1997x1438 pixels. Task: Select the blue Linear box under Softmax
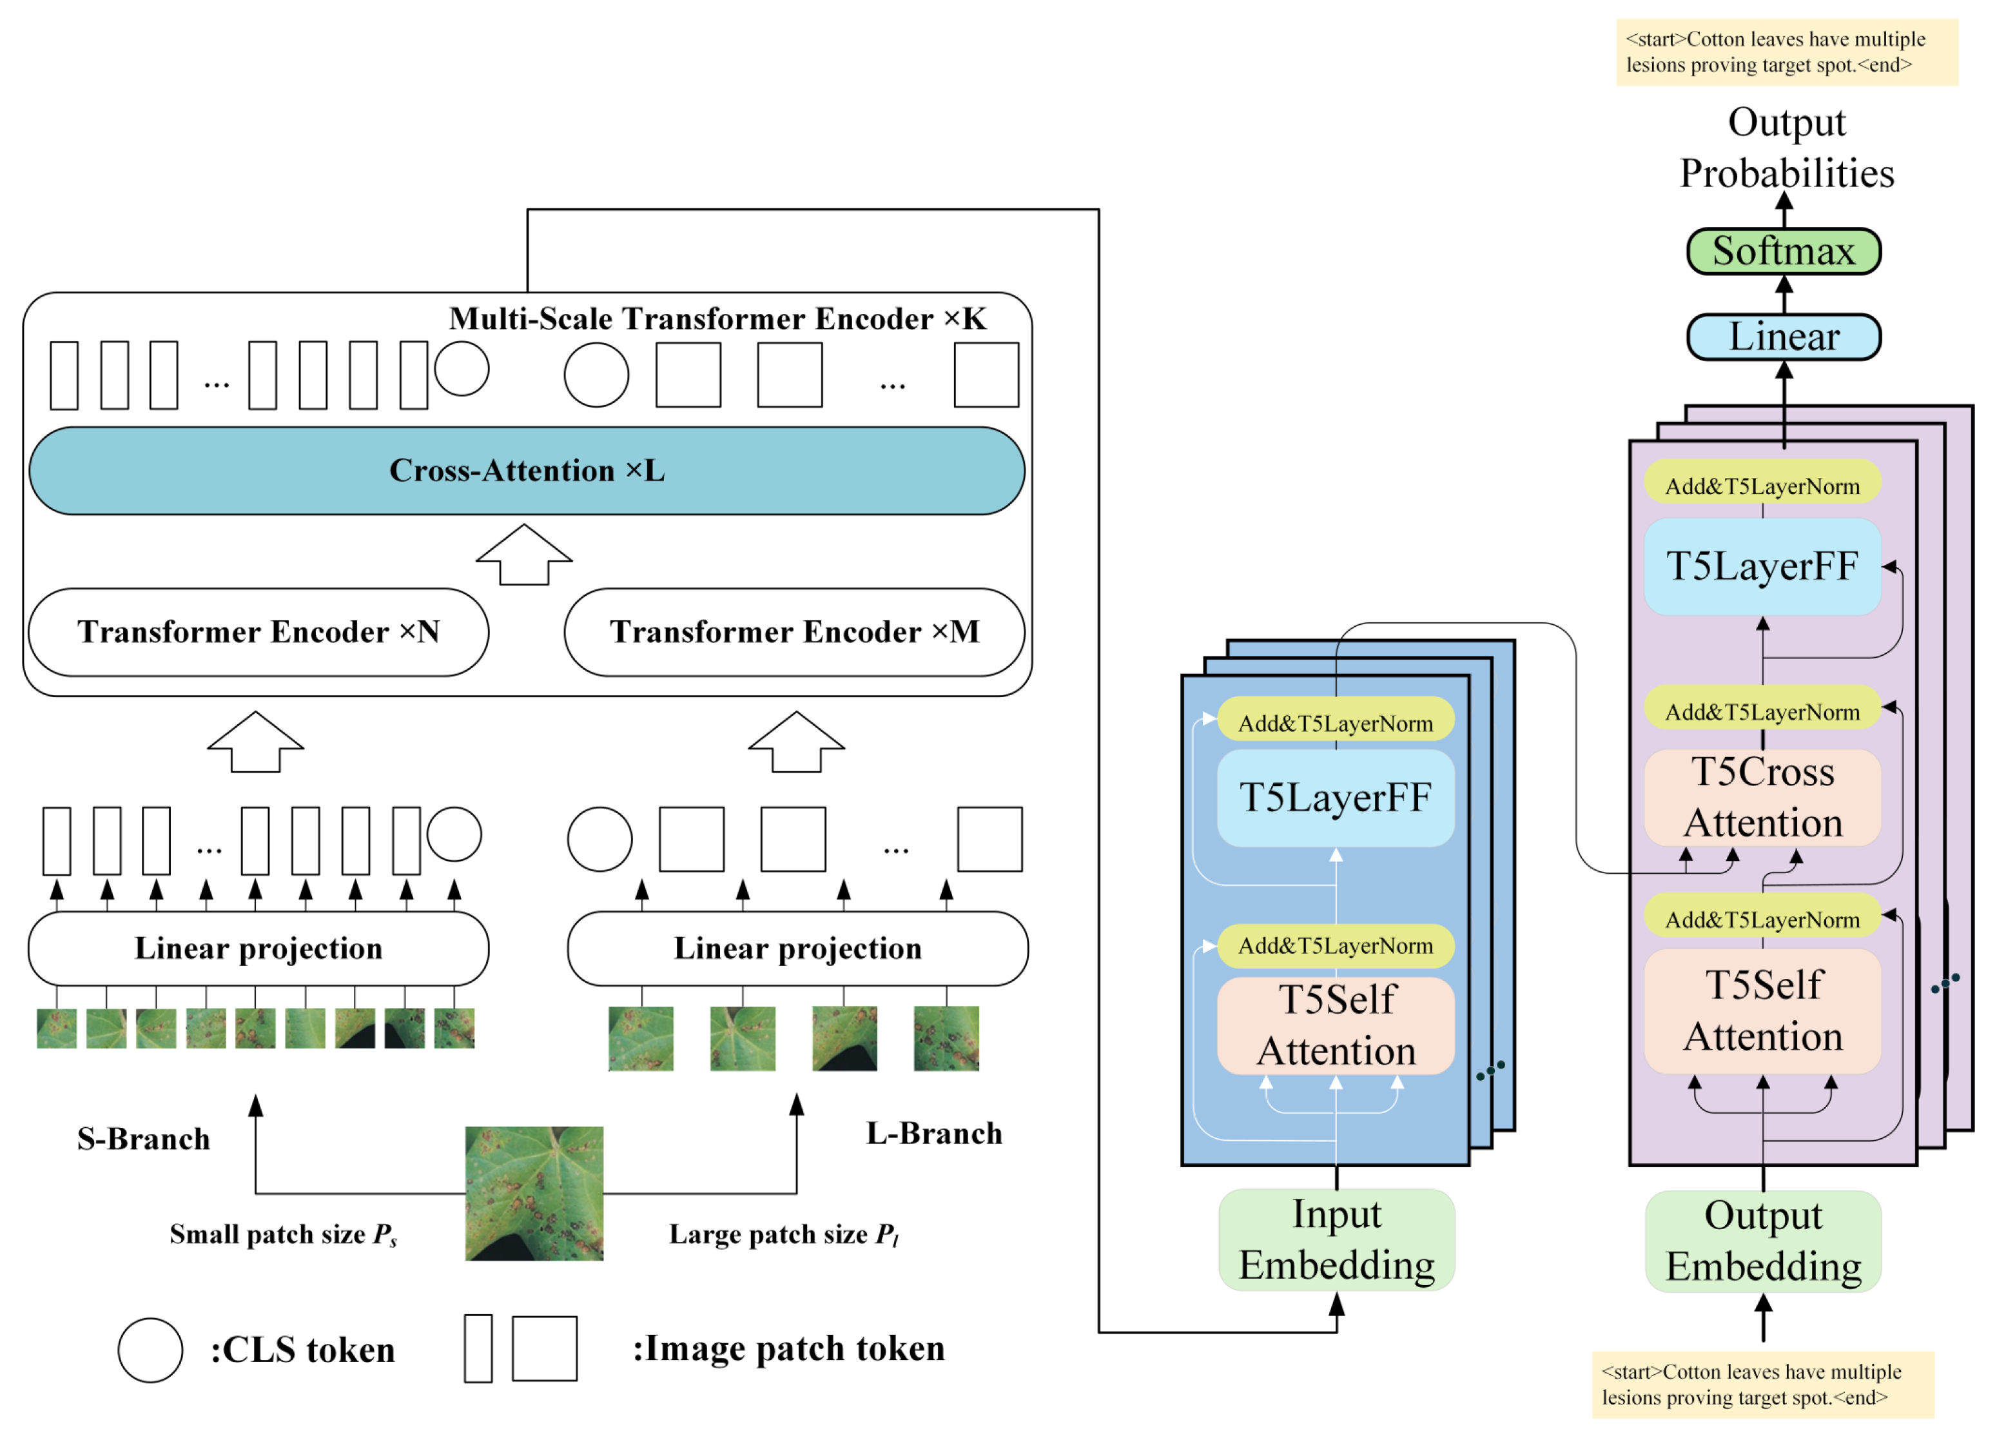(1783, 337)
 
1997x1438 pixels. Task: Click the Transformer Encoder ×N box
(258, 632)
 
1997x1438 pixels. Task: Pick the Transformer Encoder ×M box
(794, 632)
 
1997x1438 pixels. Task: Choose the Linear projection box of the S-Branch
(258, 949)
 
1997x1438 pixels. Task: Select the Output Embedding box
(1763, 1241)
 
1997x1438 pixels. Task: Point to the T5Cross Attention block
(1763, 798)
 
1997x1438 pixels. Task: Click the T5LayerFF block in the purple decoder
(1763, 566)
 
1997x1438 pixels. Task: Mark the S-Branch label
(144, 1139)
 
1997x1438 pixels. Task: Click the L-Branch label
(934, 1134)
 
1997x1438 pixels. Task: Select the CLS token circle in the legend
(151, 1350)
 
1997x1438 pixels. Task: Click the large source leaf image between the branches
(534, 1193)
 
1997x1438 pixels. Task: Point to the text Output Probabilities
(1787, 148)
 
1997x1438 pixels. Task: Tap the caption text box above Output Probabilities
(1787, 52)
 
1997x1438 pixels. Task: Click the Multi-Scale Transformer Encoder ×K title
(717, 319)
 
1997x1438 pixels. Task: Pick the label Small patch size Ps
(282, 1235)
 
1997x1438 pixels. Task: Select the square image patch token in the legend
(544, 1348)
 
